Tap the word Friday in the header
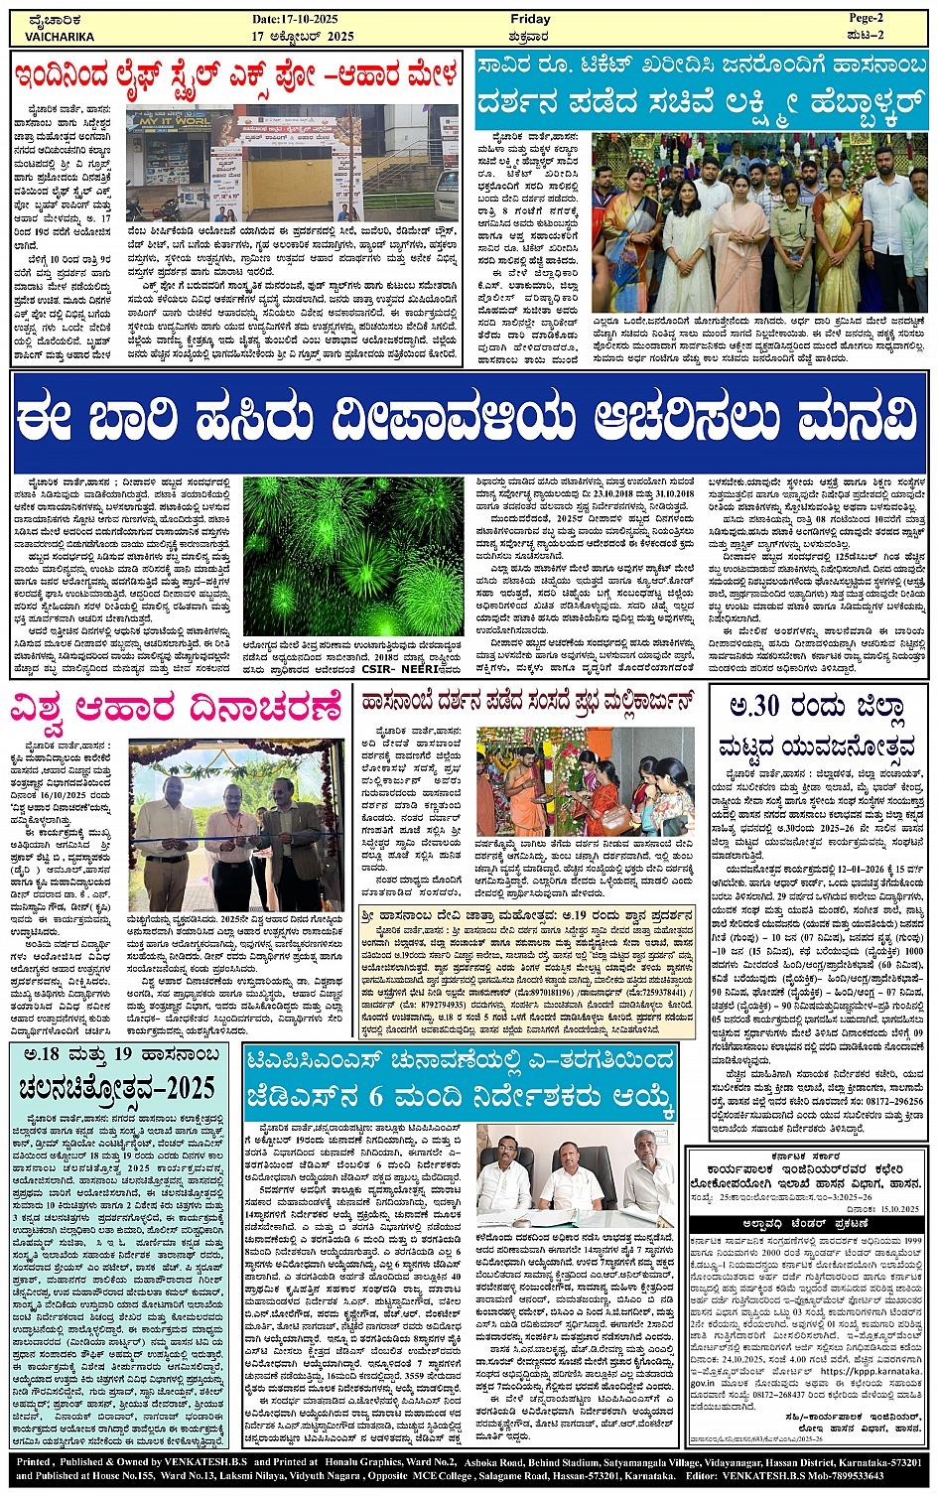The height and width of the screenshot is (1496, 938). tap(529, 19)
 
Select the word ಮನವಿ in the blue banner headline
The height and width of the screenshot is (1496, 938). tap(843, 419)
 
